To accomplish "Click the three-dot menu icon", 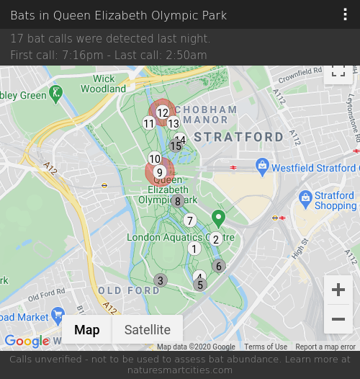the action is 346,15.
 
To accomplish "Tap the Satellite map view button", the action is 148,330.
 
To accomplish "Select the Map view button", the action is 87,330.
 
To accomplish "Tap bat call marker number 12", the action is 163,112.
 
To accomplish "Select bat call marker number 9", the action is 160,172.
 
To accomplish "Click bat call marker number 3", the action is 161,280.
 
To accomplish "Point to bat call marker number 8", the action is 178,201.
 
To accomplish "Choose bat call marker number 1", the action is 194,249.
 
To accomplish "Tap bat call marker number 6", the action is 219,266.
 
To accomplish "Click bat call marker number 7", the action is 190,220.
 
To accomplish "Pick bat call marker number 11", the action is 149,123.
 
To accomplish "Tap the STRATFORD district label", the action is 239,137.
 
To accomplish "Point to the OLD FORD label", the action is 129,290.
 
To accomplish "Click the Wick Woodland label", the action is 104,84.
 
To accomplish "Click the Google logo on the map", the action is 27,341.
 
